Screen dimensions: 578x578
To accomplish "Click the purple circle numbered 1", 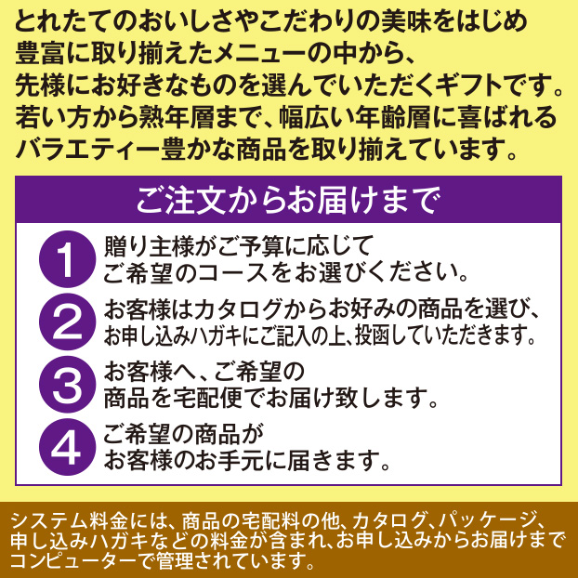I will (x=68, y=259).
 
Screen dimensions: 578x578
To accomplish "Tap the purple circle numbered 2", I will (x=68, y=322).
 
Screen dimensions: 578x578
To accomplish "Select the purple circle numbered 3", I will (x=68, y=384).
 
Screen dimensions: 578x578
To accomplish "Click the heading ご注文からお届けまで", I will (x=288, y=199).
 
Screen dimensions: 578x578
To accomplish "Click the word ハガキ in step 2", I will (x=207, y=335).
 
